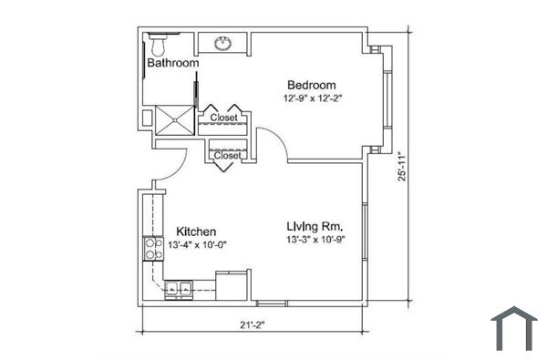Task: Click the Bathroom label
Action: click(x=172, y=64)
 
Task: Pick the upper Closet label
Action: click(x=223, y=118)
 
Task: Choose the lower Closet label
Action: click(x=226, y=155)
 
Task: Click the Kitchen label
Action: click(x=196, y=231)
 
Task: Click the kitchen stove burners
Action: click(x=151, y=249)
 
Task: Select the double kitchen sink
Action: click(x=177, y=291)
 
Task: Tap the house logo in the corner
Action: click(x=513, y=328)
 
